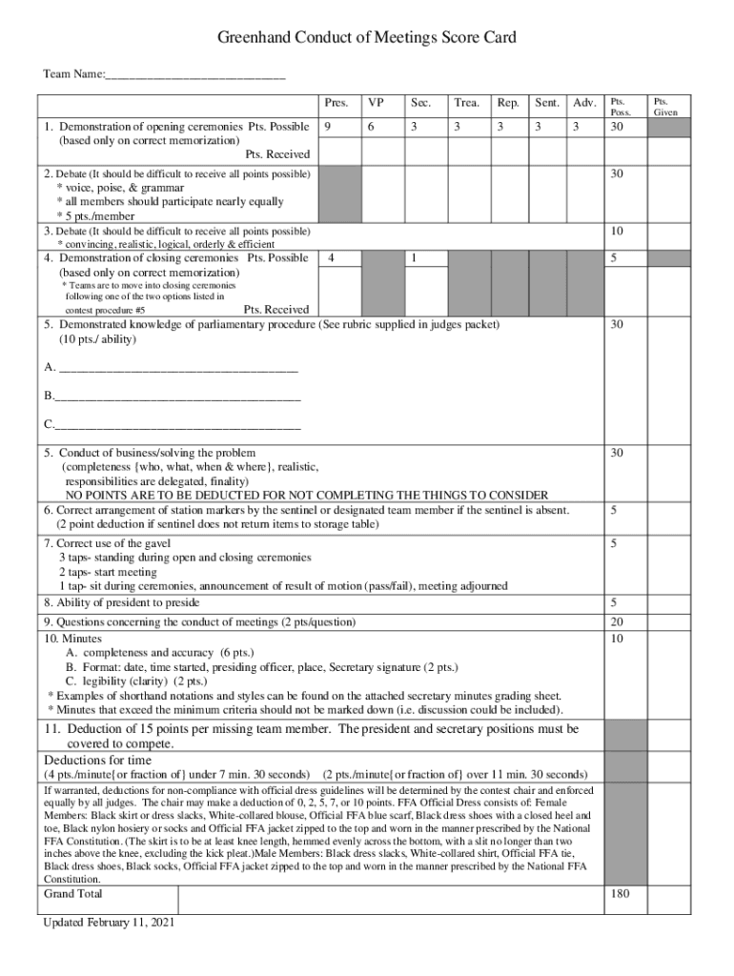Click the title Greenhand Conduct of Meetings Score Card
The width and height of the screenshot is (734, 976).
[x=367, y=38]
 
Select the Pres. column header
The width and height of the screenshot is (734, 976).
[x=336, y=103]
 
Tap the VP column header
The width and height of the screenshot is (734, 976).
[x=377, y=103]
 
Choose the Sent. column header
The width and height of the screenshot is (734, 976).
[x=546, y=103]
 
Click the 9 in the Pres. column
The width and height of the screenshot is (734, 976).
[x=328, y=127]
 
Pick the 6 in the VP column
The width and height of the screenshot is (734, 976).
[x=371, y=127]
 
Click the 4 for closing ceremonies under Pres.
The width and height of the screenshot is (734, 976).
[x=330, y=258]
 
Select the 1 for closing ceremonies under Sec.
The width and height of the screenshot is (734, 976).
[x=413, y=258]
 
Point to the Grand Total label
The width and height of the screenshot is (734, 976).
[x=73, y=894]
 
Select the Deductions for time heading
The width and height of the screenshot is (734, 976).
[x=97, y=760]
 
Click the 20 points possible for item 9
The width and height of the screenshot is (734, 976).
[x=618, y=621]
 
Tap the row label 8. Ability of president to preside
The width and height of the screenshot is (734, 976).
[x=122, y=602]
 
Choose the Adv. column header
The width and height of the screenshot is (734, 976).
[x=584, y=103]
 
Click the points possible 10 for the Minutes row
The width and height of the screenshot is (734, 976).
[x=618, y=638]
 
